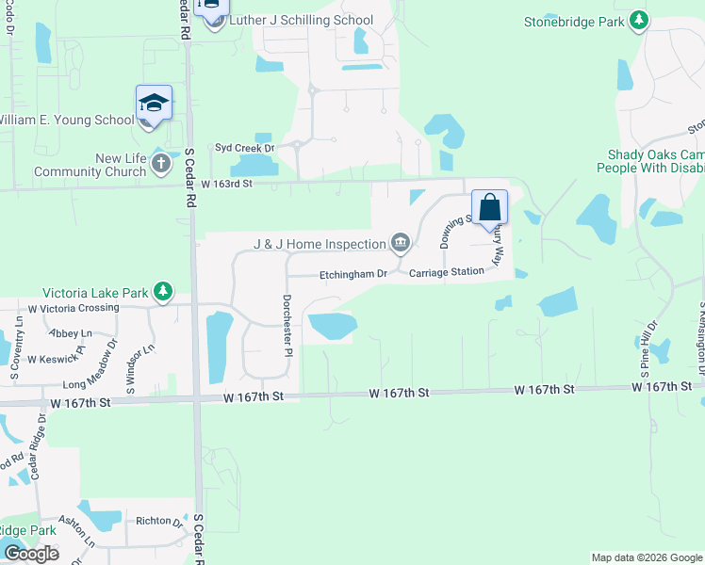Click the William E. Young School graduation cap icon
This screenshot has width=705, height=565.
point(154,103)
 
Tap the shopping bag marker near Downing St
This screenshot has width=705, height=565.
point(490,207)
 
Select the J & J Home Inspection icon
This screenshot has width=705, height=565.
point(401,244)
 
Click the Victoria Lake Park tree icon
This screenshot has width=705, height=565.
point(164,292)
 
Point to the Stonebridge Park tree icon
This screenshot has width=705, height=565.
point(640,19)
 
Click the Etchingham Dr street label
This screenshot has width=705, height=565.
point(353,274)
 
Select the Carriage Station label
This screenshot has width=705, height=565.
point(446,271)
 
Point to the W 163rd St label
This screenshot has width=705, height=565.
point(227,184)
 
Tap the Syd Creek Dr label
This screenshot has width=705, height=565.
point(244,148)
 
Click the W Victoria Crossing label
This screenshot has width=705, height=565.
point(74,308)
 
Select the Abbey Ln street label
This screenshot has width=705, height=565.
point(72,333)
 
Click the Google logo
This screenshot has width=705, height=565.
point(30,554)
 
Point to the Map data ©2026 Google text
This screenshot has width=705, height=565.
point(646,557)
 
